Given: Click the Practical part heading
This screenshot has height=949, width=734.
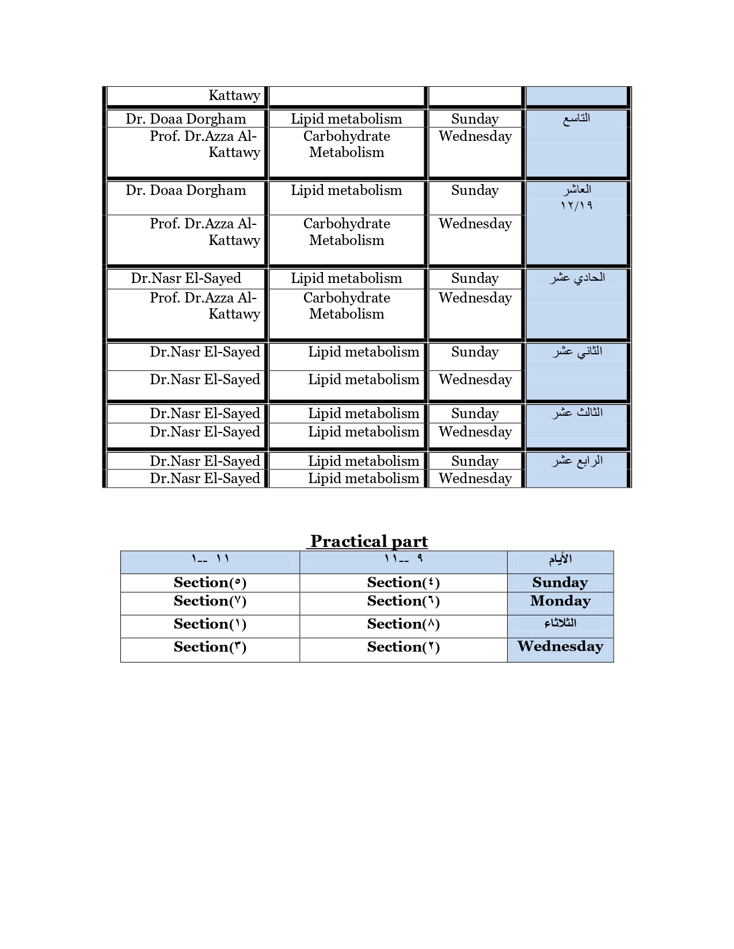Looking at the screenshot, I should click(368, 541).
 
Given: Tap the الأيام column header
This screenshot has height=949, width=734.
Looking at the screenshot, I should click(560, 560).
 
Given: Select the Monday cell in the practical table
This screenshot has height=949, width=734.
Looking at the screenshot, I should click(560, 601).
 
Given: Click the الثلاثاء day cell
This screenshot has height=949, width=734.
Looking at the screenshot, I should click(560, 623).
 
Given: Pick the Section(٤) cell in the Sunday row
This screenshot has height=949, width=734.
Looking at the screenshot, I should click(403, 583).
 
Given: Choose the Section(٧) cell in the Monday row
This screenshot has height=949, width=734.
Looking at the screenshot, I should click(210, 601).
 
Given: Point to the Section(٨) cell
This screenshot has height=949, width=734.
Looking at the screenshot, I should click(403, 624).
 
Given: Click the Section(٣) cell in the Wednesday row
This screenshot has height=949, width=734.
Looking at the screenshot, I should click(210, 647).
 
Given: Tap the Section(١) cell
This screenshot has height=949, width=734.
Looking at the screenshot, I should click(210, 624).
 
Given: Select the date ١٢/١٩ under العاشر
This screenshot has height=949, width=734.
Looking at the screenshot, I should click(576, 205).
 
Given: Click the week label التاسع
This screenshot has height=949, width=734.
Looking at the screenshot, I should click(576, 118).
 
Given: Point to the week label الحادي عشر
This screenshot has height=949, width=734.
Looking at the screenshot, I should click(577, 278).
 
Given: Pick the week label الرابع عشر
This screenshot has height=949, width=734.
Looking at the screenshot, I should click(577, 461).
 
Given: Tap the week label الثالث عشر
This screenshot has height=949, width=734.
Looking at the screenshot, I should click(577, 413).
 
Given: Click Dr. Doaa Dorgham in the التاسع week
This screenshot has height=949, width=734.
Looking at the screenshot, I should click(186, 119).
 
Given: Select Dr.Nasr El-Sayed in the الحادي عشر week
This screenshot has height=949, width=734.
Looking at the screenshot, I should click(186, 278).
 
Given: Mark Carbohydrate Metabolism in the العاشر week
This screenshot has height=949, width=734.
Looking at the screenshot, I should click(347, 232).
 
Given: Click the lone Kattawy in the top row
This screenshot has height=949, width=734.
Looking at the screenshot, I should click(234, 95).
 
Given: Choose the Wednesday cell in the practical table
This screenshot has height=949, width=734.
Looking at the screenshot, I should click(560, 646).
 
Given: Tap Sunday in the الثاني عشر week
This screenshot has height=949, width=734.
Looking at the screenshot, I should click(475, 352).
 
